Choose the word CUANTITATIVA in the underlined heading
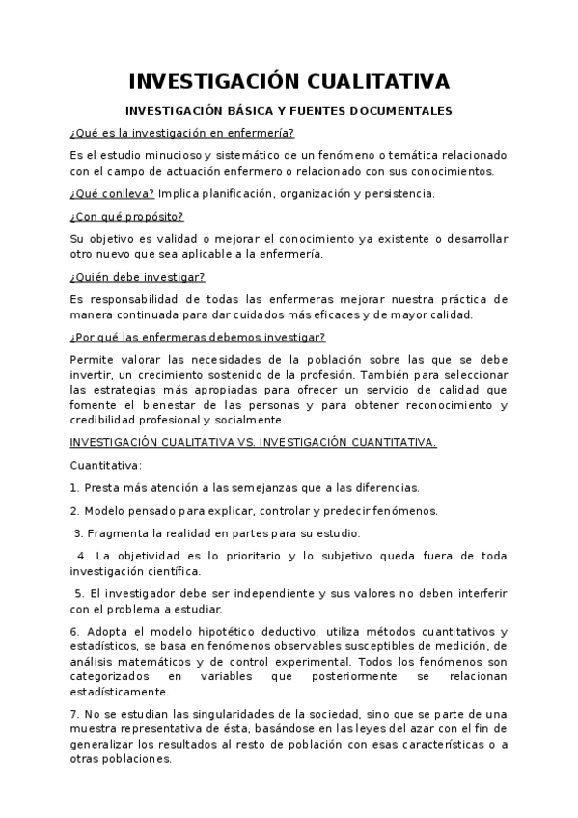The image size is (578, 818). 386,443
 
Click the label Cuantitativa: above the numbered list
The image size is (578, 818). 105,466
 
